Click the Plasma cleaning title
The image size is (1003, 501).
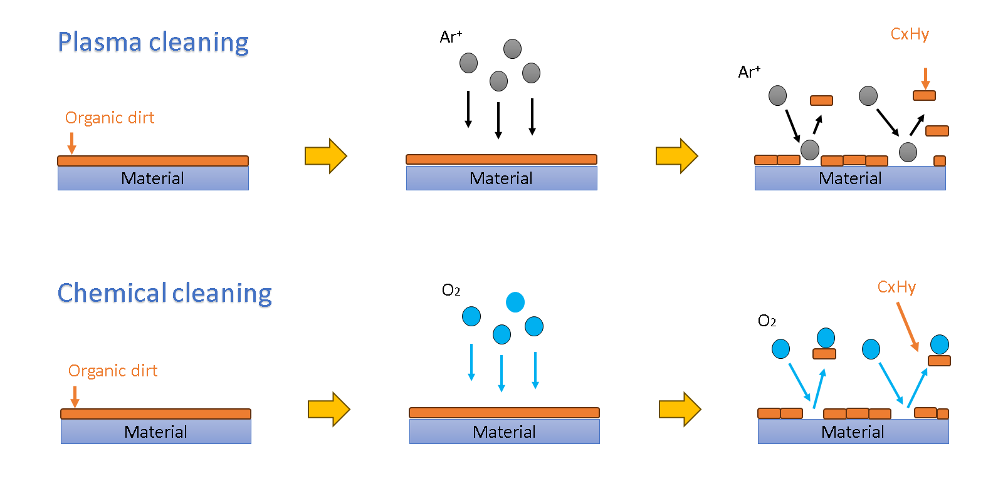(153, 43)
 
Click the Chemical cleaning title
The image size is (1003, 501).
(164, 294)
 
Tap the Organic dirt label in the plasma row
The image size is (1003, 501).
(110, 118)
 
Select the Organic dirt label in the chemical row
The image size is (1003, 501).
(113, 371)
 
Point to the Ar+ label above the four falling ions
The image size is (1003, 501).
(451, 37)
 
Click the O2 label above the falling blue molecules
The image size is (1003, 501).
(451, 290)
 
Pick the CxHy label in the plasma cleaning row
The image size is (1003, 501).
(910, 34)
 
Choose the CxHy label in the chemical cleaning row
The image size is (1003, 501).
(896, 287)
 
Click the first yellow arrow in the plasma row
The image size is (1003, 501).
(326, 156)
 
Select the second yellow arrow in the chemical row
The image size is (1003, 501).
(680, 410)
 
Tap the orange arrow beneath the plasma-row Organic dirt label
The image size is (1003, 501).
(72, 143)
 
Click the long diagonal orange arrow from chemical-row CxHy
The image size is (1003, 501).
(908, 326)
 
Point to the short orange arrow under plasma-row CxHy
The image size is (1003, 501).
(925, 79)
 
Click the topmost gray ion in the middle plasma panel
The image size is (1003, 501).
(512, 49)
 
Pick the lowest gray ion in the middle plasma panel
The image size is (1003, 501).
(498, 81)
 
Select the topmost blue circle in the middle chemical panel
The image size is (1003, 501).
(515, 302)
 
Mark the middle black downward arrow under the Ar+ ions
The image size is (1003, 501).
(498, 120)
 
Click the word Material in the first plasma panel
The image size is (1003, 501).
(152, 178)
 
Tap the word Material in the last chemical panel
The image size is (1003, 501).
(853, 432)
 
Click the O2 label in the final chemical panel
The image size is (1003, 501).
(767, 321)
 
